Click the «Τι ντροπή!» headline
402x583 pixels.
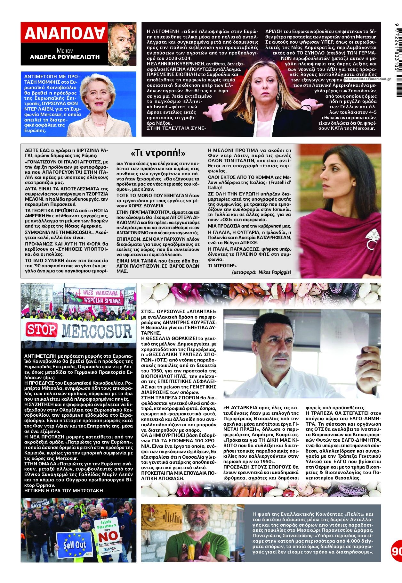click(x=158, y=153)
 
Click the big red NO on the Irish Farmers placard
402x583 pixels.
click(x=108, y=537)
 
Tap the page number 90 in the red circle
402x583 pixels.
click(x=397, y=551)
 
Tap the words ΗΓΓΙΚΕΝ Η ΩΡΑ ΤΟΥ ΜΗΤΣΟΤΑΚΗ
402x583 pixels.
click(x=65, y=491)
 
